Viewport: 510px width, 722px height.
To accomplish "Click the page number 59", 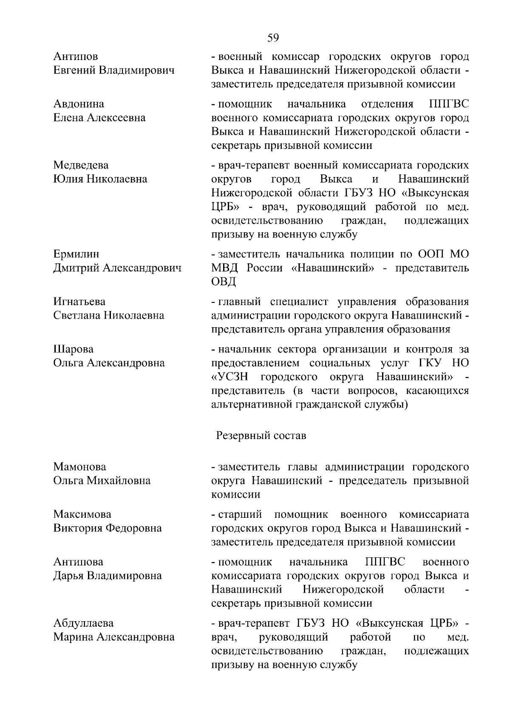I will [x=273, y=38].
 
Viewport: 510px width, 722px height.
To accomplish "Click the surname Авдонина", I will [x=79, y=104].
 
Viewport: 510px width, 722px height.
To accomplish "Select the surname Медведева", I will [x=81, y=165].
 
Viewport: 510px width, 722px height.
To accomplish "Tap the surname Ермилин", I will [x=76, y=254].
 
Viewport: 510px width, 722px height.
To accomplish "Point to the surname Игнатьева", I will [x=79, y=302].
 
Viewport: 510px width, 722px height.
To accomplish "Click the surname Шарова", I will [x=73, y=349].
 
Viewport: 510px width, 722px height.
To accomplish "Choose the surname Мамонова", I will [x=79, y=467].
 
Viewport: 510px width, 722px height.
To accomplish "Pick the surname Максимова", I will [x=82, y=515].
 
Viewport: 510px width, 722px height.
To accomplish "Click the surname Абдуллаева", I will [x=83, y=623].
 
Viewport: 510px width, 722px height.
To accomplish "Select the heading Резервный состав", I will [x=261, y=436].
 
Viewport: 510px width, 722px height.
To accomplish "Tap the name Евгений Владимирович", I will [x=114, y=70].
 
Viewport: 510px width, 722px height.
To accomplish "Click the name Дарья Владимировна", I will [x=108, y=576].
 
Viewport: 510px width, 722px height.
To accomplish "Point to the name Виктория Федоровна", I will [x=108, y=528].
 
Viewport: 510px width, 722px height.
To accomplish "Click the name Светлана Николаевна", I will [x=109, y=315].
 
